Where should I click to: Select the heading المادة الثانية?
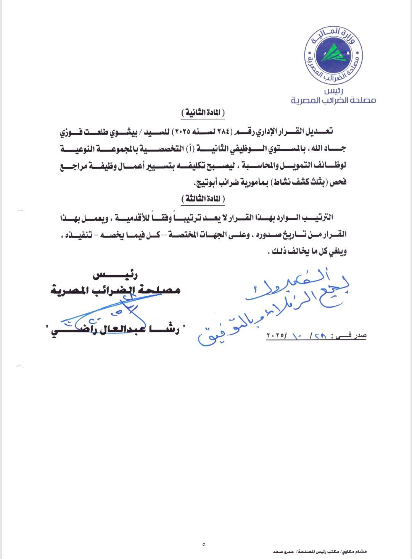pos(203,113)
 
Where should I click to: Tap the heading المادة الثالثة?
pos(203,199)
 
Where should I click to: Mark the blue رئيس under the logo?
pos(333,92)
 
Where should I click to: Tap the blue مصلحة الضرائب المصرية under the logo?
pos(333,100)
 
